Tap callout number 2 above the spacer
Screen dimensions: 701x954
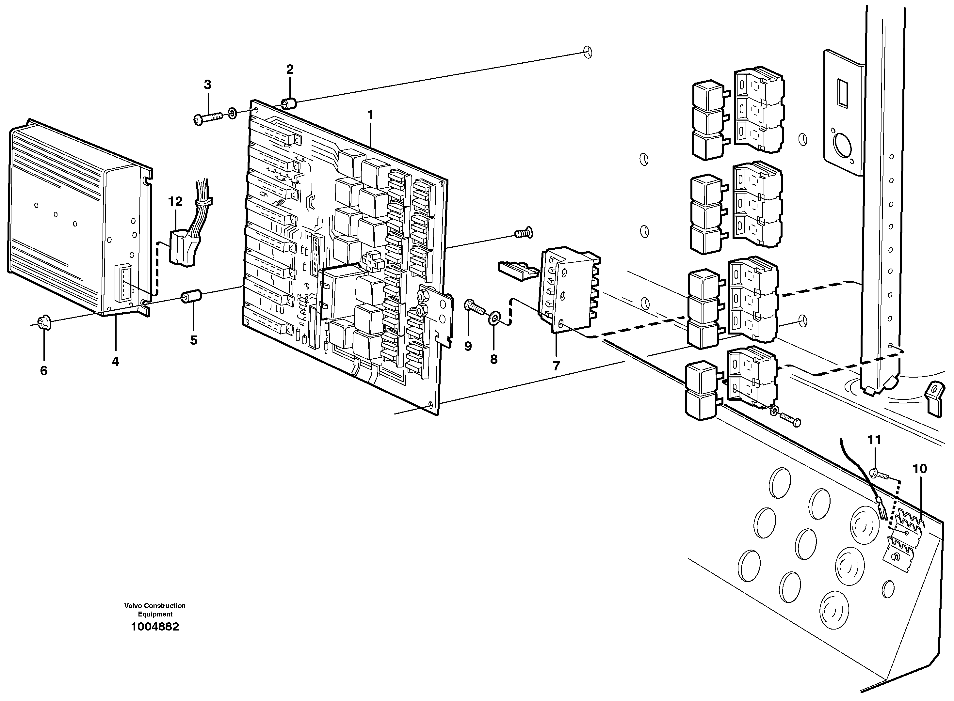point(290,70)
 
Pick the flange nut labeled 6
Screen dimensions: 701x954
point(44,324)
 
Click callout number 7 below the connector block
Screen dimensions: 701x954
point(556,366)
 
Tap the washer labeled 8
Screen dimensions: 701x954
point(494,318)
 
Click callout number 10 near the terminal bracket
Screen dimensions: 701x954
point(920,469)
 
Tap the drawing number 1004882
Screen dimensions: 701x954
point(155,627)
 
